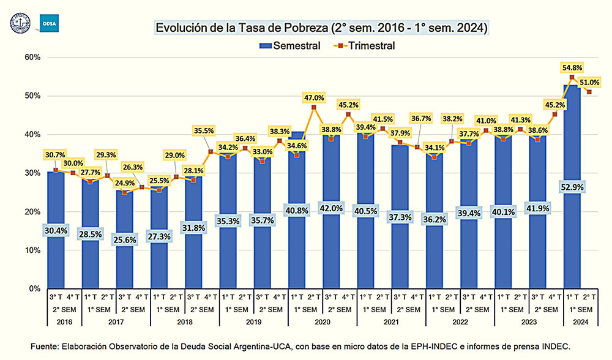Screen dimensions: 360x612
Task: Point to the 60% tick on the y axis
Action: tap(31, 58)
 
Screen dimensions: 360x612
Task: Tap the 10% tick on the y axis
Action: tap(31, 250)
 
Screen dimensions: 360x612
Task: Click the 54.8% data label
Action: tap(572, 67)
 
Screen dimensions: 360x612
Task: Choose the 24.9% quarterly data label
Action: tap(125, 182)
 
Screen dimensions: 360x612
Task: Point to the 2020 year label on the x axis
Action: tap(322, 320)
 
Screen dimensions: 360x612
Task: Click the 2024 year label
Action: tap(580, 320)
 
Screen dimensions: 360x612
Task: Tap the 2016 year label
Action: tap(56, 320)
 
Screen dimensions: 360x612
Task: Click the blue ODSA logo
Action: tap(47, 23)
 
